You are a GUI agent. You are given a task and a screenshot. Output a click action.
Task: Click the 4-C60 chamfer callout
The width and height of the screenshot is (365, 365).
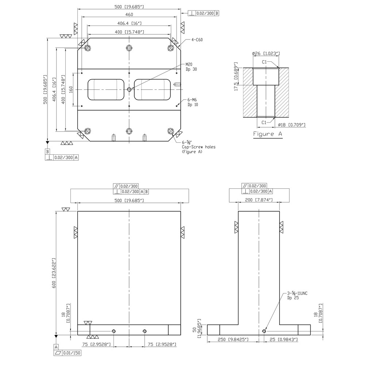click(197, 40)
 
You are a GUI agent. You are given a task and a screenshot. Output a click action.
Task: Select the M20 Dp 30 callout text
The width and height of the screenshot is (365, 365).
click(191, 67)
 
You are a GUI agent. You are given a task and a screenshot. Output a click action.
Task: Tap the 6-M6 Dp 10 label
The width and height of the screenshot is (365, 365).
click(192, 102)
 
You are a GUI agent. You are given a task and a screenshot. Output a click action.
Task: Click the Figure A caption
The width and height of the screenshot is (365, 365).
click(268, 134)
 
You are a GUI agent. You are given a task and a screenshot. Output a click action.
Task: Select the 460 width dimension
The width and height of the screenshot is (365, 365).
click(129, 15)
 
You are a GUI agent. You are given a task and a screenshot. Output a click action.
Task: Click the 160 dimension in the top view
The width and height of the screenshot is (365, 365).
click(71, 89)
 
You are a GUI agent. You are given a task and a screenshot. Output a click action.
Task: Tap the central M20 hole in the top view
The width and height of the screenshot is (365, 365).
click(129, 89)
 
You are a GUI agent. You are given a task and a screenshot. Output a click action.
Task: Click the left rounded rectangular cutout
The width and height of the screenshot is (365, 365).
click(106, 89)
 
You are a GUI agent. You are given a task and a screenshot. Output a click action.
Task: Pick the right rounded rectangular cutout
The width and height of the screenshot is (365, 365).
click(152, 89)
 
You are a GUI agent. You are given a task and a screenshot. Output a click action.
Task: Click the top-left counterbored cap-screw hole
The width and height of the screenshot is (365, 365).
click(88, 48)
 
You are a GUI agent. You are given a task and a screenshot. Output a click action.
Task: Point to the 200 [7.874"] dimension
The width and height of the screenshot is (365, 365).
click(259, 200)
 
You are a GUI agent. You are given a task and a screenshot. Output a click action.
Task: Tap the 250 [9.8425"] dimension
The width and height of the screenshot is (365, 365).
click(234, 339)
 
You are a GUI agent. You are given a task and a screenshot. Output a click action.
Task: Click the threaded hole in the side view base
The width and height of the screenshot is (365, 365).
click(264, 331)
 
